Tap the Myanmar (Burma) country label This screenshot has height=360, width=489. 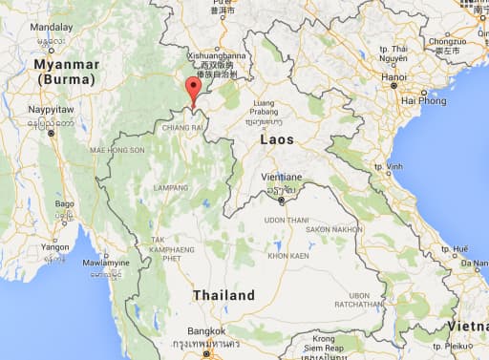click(x=66, y=72)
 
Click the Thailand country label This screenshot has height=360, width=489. click(x=223, y=296)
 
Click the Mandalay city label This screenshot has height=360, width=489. click(x=52, y=29)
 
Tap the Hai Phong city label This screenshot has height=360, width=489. click(x=423, y=99)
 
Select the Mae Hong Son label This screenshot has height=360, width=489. click(x=117, y=151)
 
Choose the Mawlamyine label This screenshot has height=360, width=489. click(x=106, y=262)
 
